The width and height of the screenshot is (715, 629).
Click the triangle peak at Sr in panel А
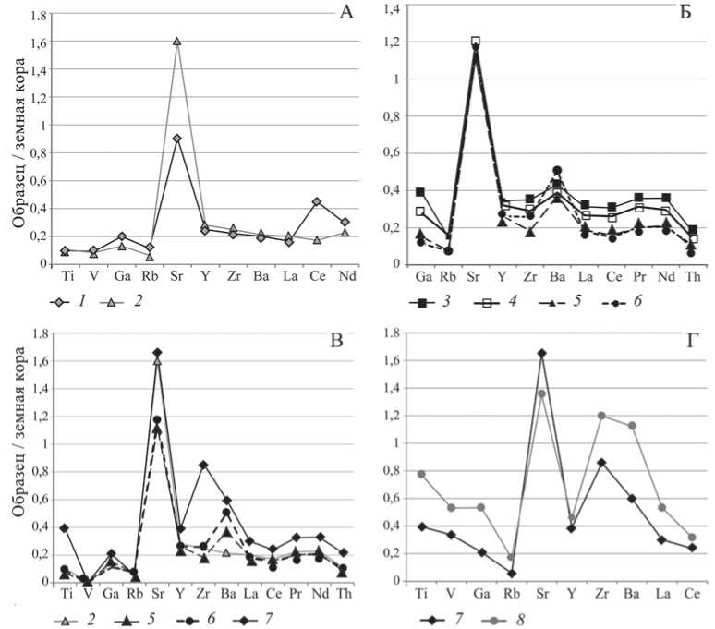tap(176, 42)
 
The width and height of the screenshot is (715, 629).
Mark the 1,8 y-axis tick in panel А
tap(38, 16)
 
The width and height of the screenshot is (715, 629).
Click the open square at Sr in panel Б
tap(476, 42)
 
